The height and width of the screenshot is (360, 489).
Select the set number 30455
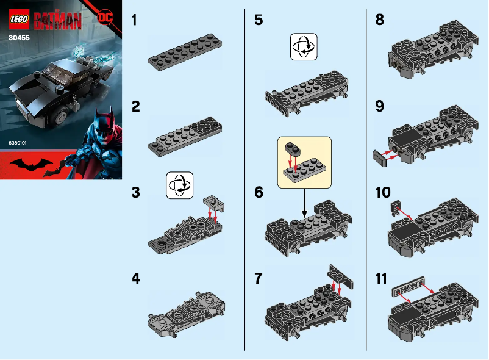20,37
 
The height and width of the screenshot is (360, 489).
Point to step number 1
136,20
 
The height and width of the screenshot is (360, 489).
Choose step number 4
137,279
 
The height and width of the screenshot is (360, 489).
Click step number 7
259,279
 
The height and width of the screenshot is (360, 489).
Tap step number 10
384,193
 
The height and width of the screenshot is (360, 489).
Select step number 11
382,279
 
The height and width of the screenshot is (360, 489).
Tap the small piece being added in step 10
396,209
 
